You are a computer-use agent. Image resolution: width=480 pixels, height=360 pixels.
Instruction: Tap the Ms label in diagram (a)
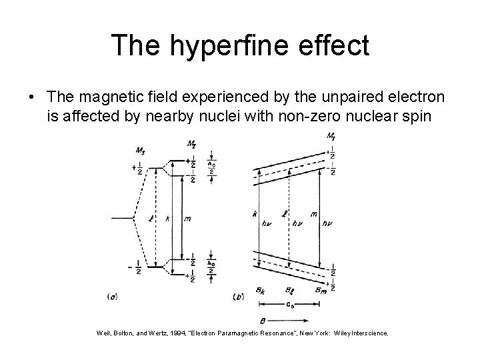coord(141,150)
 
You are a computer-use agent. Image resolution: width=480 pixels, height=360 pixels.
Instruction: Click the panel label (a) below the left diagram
coord(113,295)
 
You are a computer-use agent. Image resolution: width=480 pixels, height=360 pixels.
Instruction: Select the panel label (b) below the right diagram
coord(239,295)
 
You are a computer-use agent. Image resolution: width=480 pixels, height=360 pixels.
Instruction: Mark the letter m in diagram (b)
coord(313,214)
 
